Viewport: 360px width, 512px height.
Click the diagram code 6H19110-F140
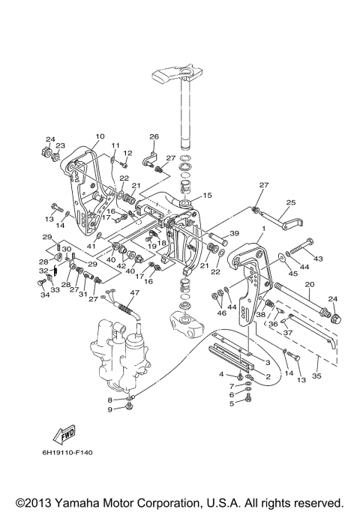(x=67, y=453)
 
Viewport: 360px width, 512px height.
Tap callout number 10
(x=100, y=136)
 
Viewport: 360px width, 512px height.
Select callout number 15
(x=207, y=195)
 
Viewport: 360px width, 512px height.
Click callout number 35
(x=316, y=376)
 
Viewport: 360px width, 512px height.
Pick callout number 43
(x=318, y=259)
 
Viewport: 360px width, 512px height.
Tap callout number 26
(x=154, y=136)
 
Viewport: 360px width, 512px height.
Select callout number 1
(x=264, y=229)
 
